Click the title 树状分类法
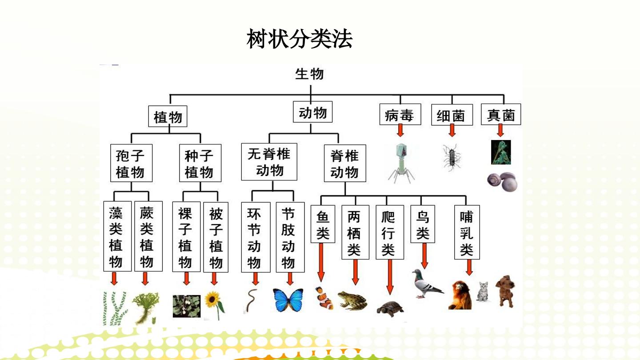coord(299,39)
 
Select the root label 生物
coord(309,74)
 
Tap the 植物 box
coord(168,116)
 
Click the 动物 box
coord(312,112)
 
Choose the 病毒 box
coord(400,114)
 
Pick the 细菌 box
coord(452,115)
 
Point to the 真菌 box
coord(501,114)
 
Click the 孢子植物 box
coord(131,163)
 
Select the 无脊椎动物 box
coord(269,162)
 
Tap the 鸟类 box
coord(423,224)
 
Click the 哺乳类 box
coord(467,232)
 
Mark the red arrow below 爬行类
coord(390,277)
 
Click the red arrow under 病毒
coord(400,130)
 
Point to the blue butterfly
coord(288,300)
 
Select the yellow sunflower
coord(214,304)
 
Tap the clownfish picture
coord(324,298)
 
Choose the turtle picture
coord(390,308)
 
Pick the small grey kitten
coord(483,292)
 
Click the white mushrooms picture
coord(502,182)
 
